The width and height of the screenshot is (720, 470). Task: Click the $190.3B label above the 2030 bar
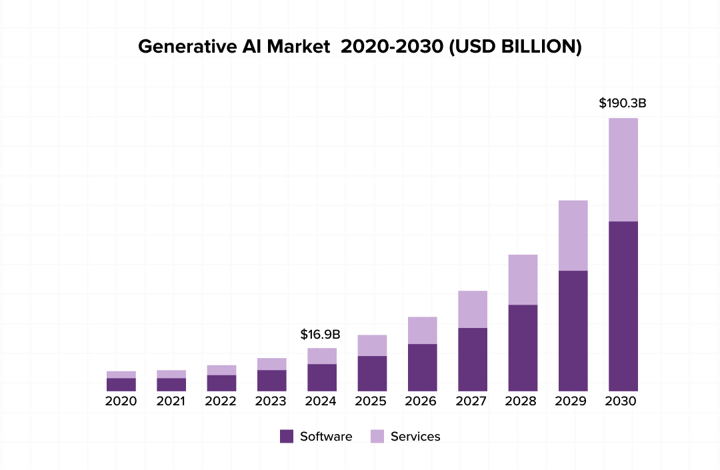(x=623, y=104)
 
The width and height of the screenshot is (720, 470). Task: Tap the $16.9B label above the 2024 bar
(x=320, y=334)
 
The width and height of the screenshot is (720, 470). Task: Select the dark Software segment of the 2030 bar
(x=623, y=306)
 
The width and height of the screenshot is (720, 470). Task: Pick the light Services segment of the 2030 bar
(x=623, y=169)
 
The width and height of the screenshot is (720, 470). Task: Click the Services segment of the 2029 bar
(x=573, y=235)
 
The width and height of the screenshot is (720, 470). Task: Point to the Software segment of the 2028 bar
(x=523, y=347)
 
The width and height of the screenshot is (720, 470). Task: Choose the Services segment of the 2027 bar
(x=473, y=309)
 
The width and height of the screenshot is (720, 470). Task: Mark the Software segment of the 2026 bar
(x=422, y=367)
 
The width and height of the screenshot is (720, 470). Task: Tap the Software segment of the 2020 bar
(x=121, y=384)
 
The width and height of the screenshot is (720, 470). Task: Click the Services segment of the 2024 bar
(x=322, y=356)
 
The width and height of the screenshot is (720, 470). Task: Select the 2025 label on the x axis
(x=371, y=401)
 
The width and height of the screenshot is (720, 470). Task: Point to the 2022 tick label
(x=221, y=401)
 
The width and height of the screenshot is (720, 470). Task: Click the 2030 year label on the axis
(x=621, y=401)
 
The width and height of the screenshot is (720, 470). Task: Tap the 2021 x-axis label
(x=171, y=401)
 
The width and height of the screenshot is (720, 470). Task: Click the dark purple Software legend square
(x=287, y=437)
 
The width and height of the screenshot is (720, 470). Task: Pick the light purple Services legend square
(x=377, y=437)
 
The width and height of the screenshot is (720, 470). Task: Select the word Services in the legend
(x=415, y=437)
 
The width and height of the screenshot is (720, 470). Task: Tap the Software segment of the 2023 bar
(x=272, y=380)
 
